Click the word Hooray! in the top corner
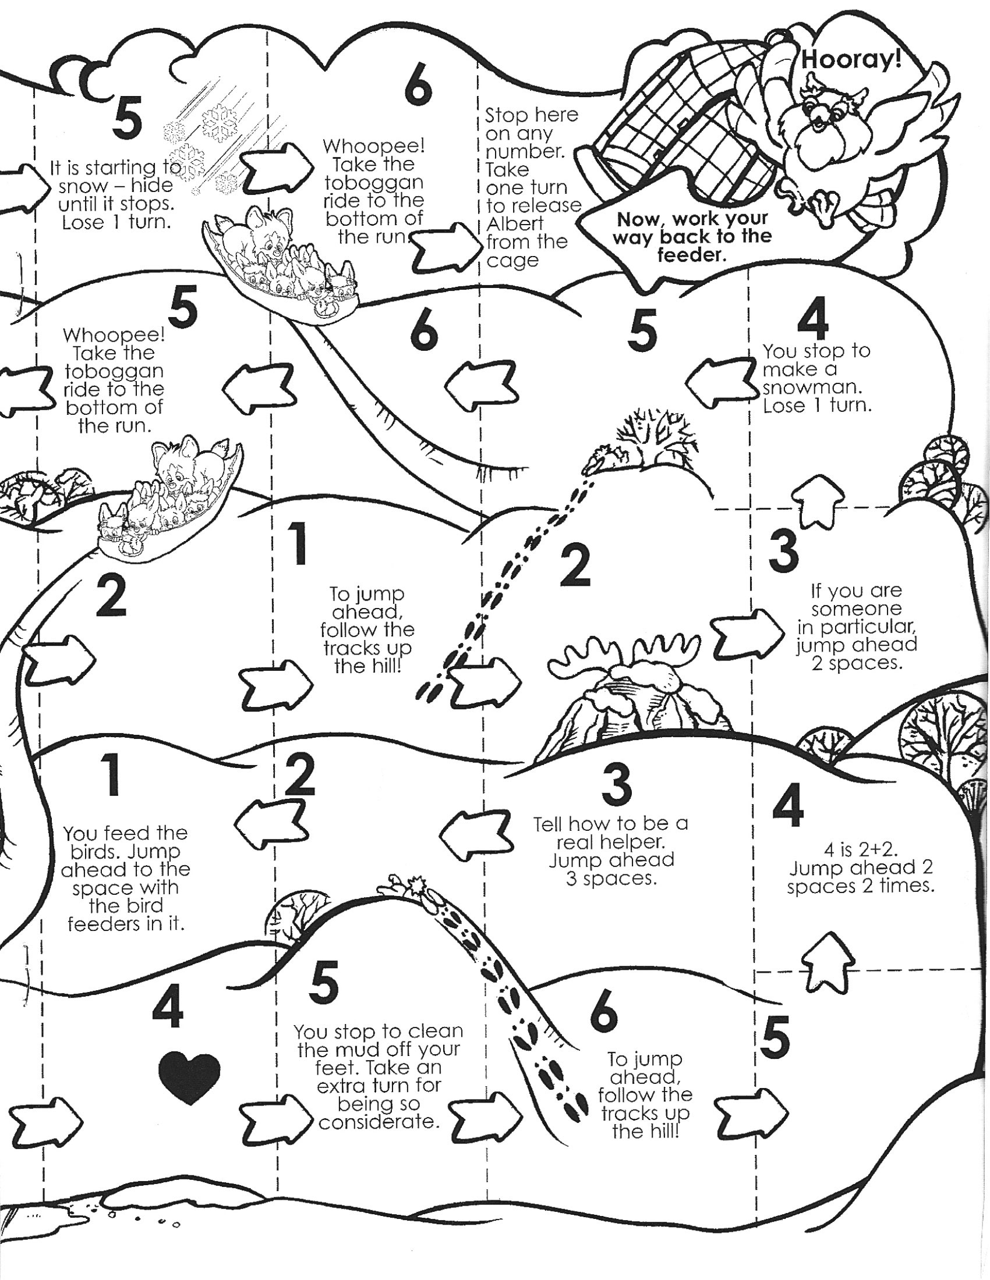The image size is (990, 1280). click(x=850, y=59)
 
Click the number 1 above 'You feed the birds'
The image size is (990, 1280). click(x=111, y=774)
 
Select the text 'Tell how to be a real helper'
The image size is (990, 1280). click(x=610, y=833)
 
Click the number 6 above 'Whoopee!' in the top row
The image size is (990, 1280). click(x=418, y=88)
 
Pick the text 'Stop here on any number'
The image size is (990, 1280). click(x=531, y=133)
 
